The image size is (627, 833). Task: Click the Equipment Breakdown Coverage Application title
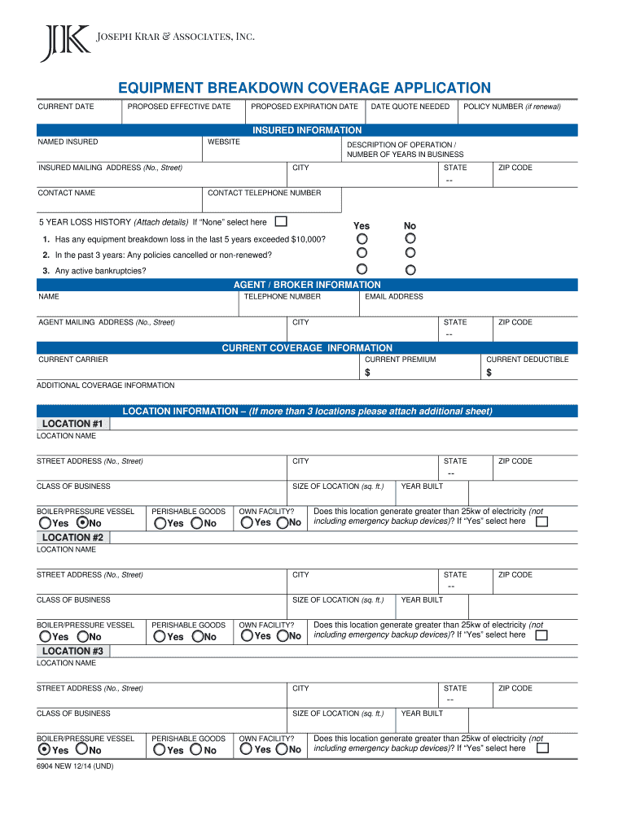305,88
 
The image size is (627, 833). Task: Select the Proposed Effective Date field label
178,107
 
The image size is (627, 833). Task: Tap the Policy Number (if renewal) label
511,107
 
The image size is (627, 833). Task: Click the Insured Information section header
307,130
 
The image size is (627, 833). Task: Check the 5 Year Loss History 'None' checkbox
281,221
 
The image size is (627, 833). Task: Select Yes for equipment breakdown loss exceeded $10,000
362,238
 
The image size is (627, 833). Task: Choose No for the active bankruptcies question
410,269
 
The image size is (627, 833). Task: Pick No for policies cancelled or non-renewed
410,254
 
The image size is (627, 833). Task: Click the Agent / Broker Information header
307,285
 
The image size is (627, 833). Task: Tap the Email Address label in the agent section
393,297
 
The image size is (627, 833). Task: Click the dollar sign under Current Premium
367,373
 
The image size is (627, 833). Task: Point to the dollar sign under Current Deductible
489,373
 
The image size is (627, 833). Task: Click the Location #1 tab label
72,424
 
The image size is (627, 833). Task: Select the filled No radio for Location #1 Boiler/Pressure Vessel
82,523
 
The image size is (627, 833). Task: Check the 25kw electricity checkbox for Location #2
541,635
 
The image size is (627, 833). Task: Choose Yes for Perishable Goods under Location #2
160,637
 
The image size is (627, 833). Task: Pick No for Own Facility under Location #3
283,750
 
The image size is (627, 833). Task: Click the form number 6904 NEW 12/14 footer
74,766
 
